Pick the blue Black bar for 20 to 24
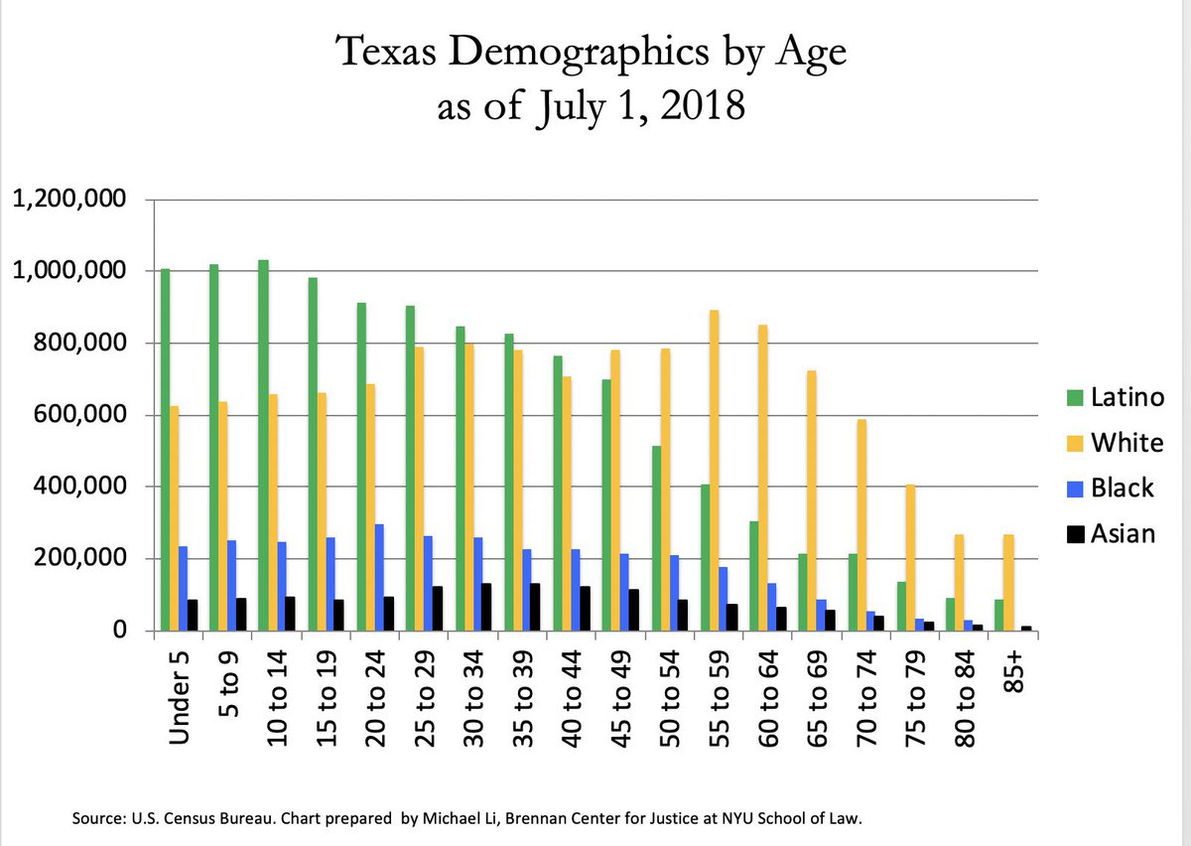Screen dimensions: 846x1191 379,577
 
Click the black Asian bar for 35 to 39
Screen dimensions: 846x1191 536,606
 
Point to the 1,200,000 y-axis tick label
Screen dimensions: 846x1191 68,200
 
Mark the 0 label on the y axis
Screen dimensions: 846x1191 118,631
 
